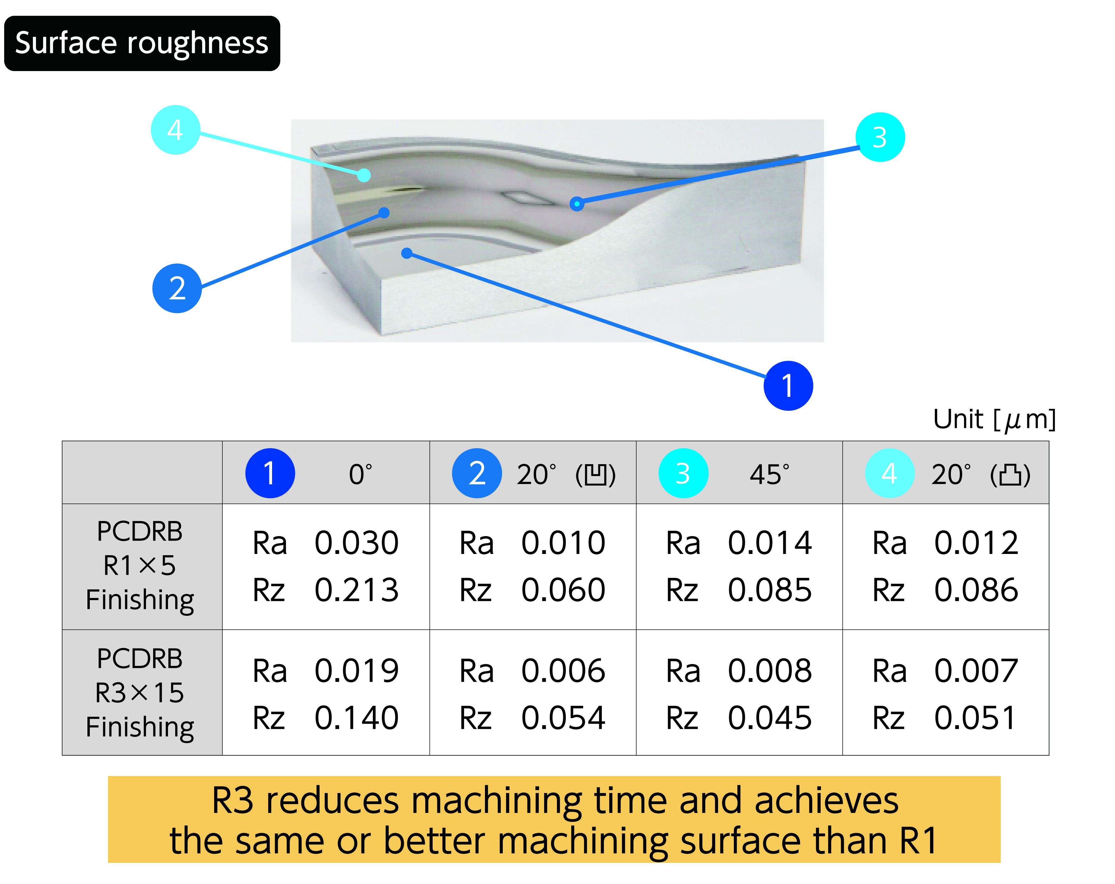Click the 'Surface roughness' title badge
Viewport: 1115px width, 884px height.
pyautogui.click(x=142, y=43)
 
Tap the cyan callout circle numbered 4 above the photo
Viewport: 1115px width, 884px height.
pyautogui.click(x=175, y=130)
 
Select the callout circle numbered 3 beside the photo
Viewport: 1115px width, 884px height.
pyautogui.click(x=880, y=137)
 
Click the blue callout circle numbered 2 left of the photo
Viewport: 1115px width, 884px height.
pyautogui.click(x=177, y=288)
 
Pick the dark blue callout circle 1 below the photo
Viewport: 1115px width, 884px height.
pyautogui.click(x=788, y=386)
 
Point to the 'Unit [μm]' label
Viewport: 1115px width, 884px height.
pyautogui.click(x=994, y=420)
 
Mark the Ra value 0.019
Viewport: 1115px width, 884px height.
pyautogui.click(x=357, y=671)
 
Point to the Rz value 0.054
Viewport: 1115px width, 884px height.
pyautogui.click(x=563, y=718)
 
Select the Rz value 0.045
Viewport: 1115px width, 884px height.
pyautogui.click(x=770, y=718)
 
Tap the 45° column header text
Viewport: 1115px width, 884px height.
pyautogui.click(x=769, y=474)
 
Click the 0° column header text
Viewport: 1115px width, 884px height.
pyautogui.click(x=360, y=474)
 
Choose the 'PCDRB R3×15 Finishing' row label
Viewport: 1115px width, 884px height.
pyautogui.click(x=140, y=693)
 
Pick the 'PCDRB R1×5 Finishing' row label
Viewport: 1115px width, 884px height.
pyautogui.click(x=140, y=565)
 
